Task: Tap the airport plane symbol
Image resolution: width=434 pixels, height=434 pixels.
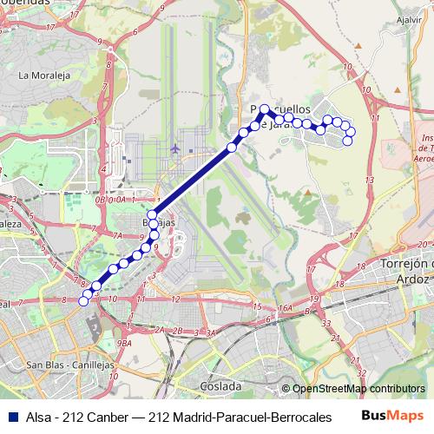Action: [x=177, y=148]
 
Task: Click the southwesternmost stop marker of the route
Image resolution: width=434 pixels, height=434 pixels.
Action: [x=84, y=301]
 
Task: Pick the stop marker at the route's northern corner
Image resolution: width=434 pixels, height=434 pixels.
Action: [x=265, y=109]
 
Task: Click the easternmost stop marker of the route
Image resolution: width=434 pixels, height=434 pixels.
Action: [x=351, y=131]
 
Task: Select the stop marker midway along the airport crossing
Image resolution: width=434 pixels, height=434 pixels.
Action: [x=231, y=148]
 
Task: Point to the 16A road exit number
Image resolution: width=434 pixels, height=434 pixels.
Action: [x=286, y=308]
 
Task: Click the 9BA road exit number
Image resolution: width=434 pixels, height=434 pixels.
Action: [x=125, y=344]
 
